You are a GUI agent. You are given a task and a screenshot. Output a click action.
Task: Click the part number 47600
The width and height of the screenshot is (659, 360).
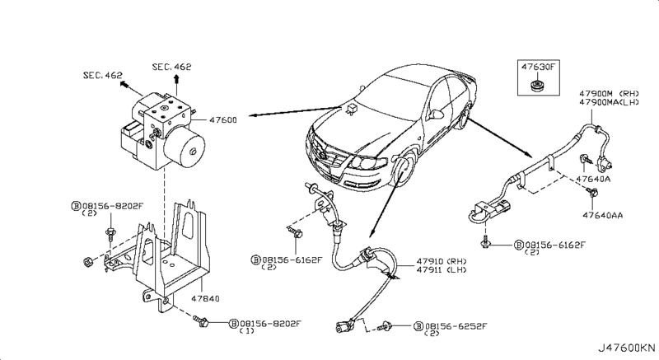(225, 119)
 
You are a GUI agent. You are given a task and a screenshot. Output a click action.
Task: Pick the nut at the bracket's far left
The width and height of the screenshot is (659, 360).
(89, 264)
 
